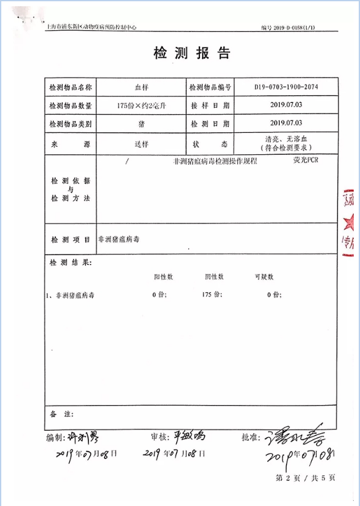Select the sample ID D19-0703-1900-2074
[286, 87]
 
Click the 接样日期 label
[210, 106]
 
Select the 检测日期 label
[210, 124]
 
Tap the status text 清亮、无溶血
[285, 139]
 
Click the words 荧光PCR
[306, 161]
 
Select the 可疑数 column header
[264, 277]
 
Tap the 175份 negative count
[211, 294]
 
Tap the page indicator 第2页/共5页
[305, 478]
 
